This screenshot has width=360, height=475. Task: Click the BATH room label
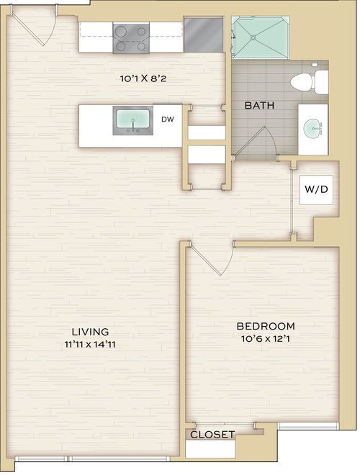[259, 105]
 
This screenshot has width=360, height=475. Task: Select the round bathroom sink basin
[312, 129]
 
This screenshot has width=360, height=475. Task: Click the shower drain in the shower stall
[253, 37]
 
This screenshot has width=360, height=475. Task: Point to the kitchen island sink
[132, 120]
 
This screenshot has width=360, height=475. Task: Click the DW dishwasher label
[168, 119]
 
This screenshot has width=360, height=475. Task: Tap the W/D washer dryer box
[316, 189]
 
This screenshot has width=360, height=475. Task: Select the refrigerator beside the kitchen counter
[203, 35]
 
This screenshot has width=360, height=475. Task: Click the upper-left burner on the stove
[121, 31]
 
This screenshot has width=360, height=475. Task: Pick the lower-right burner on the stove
[141, 46]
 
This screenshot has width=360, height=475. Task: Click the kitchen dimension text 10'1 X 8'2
[143, 79]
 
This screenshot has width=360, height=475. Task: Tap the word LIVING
[90, 332]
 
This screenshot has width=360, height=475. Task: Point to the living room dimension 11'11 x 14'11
[90, 345]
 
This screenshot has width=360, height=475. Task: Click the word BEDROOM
[266, 326]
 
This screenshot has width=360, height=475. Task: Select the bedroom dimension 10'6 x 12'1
[266, 339]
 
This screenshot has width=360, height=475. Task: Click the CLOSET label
[212, 435]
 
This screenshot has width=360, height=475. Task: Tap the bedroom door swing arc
[230, 261]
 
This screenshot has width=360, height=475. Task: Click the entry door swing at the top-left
[51, 30]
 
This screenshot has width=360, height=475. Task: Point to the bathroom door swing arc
[271, 140]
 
